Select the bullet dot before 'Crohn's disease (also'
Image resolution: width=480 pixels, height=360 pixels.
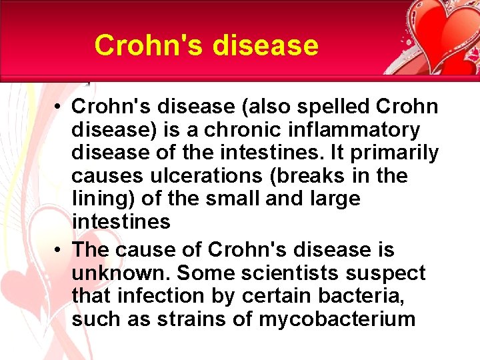click(60, 107)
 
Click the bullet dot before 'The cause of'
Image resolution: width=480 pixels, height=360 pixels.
click(60, 251)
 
